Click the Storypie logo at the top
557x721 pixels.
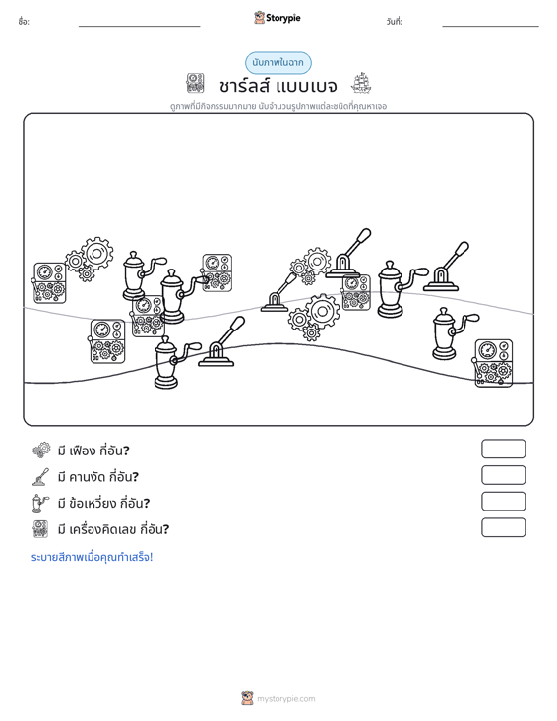[278, 18]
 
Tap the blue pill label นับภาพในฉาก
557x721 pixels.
[278, 63]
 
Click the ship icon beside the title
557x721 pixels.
[361, 84]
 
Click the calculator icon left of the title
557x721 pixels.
[195, 84]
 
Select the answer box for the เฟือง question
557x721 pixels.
[503, 449]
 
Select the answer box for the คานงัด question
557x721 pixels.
[503, 475]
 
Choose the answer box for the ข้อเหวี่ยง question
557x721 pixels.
[503, 502]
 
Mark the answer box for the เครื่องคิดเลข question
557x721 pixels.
[503, 527]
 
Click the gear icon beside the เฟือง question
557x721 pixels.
[41, 451]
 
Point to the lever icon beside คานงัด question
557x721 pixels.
[41, 477]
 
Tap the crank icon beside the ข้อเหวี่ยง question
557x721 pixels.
[40, 503]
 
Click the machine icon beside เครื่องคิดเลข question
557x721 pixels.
[40, 529]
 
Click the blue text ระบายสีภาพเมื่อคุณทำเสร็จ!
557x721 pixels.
[92, 557]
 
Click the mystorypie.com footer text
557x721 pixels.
[286, 699]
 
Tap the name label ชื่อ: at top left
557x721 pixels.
[24, 22]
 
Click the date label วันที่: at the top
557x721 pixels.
[395, 22]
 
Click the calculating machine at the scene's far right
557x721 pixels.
[493, 363]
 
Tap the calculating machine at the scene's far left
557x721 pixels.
[49, 282]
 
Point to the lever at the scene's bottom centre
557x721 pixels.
[221, 342]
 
